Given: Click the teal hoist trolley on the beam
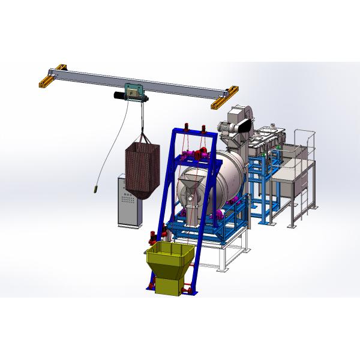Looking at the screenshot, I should pos(133,92).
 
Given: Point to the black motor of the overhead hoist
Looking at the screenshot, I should pos(118,95).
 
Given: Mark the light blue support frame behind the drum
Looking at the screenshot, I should pos(264,186).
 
